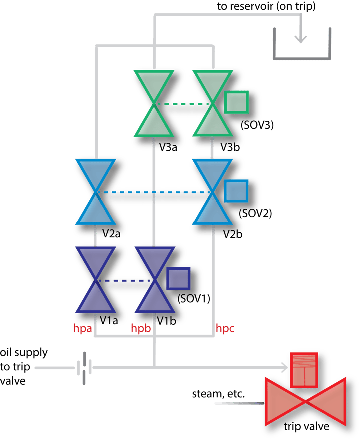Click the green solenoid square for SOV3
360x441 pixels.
coord(237,103)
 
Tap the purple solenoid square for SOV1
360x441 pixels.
coord(178,278)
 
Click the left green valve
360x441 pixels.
coord(153,103)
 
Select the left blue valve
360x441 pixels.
coord(95,192)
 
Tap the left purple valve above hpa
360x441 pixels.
coord(95,280)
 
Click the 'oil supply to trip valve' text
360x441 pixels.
coord(23,367)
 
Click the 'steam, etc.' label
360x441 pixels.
coord(218,394)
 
